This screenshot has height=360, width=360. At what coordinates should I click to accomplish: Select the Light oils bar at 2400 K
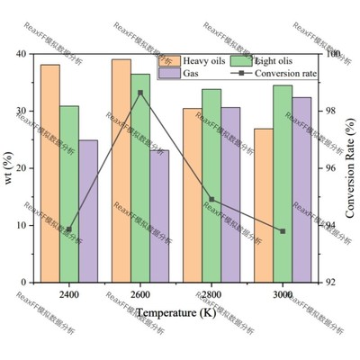(69, 193)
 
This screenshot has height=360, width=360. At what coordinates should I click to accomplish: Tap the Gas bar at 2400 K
(88, 211)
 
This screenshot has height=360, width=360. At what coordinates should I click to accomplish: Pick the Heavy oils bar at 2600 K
(121, 170)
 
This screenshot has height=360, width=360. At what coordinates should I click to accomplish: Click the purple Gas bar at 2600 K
(158, 216)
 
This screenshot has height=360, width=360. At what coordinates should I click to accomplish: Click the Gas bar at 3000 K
(301, 189)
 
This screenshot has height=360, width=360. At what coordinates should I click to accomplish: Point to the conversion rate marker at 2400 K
(69, 229)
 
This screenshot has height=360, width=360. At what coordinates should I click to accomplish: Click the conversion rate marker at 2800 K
(211, 199)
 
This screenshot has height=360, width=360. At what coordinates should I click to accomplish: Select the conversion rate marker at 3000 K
(283, 231)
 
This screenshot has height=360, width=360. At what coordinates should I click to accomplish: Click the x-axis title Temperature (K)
(176, 313)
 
